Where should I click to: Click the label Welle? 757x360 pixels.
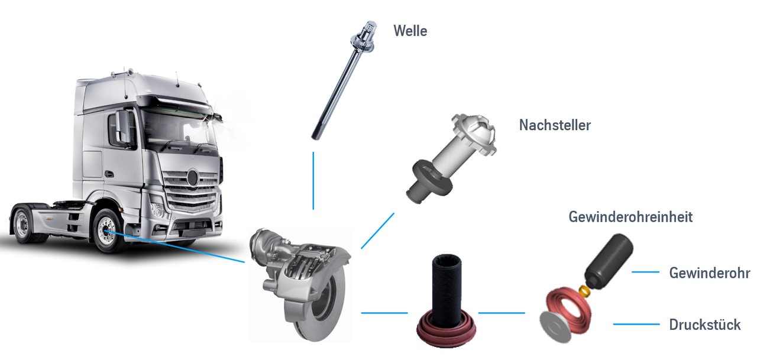(x=410, y=31)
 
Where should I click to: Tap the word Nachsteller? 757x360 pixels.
(x=555, y=125)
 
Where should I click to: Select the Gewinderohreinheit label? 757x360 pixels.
(x=630, y=217)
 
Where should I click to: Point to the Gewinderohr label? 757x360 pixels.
(x=710, y=273)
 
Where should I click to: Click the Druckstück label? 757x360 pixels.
(x=705, y=325)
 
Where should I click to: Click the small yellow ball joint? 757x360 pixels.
(x=585, y=290)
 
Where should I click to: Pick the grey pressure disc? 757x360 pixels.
(x=554, y=327)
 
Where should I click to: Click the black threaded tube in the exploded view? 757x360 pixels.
(x=609, y=261)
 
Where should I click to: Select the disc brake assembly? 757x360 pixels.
(x=301, y=284)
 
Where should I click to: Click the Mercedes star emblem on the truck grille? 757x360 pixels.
(x=193, y=178)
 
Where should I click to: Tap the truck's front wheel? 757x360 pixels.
(x=108, y=231)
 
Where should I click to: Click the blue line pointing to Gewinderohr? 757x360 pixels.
(x=645, y=272)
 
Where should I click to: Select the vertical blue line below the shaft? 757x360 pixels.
(x=313, y=181)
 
